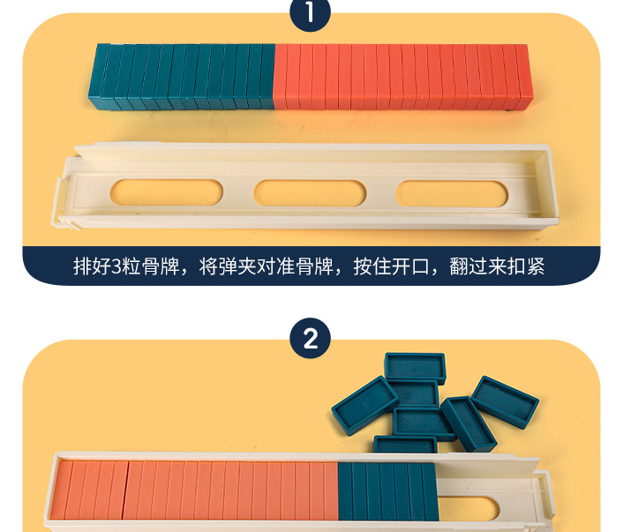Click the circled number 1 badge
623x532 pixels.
tap(311, 12)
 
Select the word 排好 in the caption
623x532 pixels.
tap(93, 266)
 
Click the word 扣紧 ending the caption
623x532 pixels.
tap(527, 266)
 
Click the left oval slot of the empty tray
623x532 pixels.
tap(168, 192)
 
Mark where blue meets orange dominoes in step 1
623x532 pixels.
tap(275, 78)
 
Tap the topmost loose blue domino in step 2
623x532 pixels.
tap(415, 366)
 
